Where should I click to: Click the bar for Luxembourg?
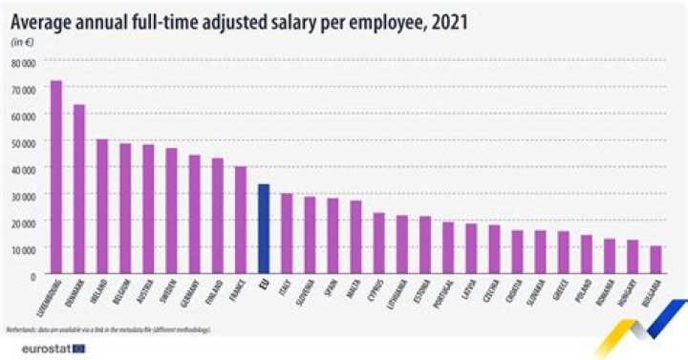[x=56, y=178]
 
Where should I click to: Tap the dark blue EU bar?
[x=264, y=229]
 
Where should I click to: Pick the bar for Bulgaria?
[x=656, y=260]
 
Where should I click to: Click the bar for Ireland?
[x=102, y=207]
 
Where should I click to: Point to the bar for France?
[x=241, y=221]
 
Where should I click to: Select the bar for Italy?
[x=287, y=234]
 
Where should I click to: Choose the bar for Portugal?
[x=448, y=248]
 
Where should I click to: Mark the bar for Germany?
[x=195, y=215]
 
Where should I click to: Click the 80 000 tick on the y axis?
[x=24, y=62]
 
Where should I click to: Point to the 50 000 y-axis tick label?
[x=24, y=142]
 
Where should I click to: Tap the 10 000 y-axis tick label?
[x=24, y=248]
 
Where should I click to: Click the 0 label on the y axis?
[x=33, y=275]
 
